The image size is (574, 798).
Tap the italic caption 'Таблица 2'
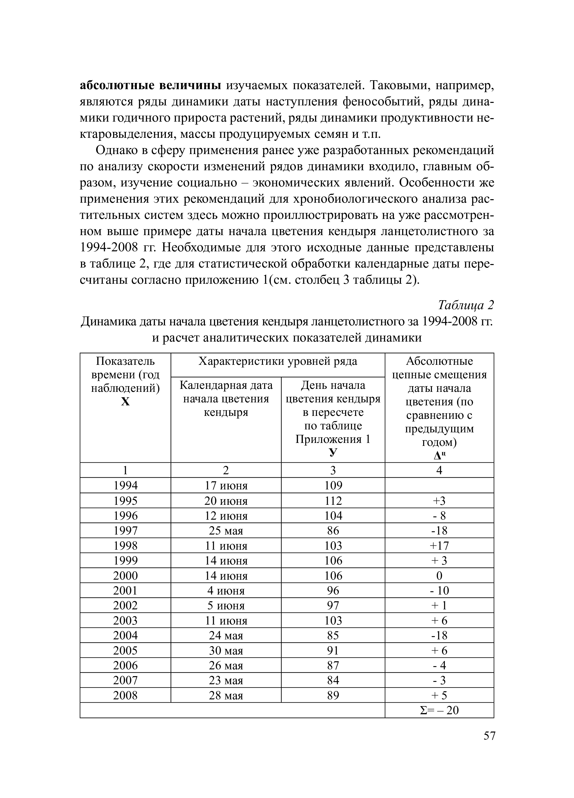(x=466, y=305)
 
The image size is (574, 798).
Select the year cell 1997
(x=126, y=530)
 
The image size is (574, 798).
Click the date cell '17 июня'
(x=226, y=486)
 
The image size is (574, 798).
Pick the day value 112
(x=333, y=501)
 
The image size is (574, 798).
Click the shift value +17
(x=439, y=546)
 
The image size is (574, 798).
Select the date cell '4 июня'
(x=226, y=590)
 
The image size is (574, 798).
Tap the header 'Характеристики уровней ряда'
(x=278, y=361)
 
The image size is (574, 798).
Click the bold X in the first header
(x=126, y=402)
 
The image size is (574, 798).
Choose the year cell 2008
(x=126, y=695)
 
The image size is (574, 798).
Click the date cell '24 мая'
(x=226, y=635)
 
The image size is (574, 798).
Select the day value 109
(x=333, y=486)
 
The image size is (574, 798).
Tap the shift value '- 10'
(x=439, y=590)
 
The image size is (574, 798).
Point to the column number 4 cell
(x=439, y=470)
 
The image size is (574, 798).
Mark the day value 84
(x=333, y=680)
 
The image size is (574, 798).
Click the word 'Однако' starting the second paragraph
(x=116, y=151)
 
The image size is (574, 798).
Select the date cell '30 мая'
(x=226, y=650)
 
